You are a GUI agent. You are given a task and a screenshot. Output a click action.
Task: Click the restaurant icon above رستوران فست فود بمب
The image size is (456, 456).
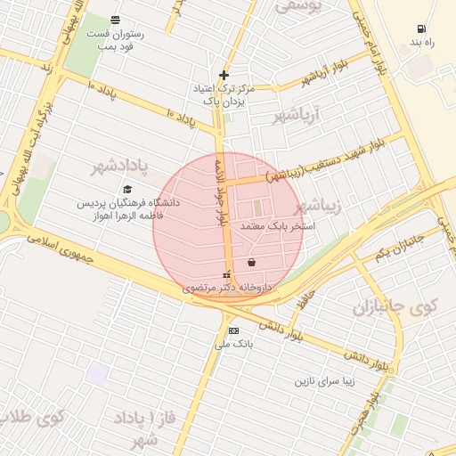click(x=115, y=20)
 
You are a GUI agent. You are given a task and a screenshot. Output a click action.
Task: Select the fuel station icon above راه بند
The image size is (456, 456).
click(x=420, y=28)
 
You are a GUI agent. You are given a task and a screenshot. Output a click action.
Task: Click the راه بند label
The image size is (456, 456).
click(x=420, y=42)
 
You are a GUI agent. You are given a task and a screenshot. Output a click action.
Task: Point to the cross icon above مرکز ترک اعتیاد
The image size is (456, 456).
click(x=224, y=75)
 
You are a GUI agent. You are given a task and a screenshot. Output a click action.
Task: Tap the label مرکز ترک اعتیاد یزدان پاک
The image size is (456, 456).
click(x=224, y=95)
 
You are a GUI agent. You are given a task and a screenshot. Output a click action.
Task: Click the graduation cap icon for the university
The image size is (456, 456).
click(x=127, y=189)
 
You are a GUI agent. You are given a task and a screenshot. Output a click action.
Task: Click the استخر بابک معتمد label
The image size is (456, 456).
click(x=278, y=227)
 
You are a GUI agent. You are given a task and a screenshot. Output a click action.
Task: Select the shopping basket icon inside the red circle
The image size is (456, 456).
click(x=252, y=263)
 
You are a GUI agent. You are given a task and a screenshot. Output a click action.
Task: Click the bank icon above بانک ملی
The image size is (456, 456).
click(x=233, y=330)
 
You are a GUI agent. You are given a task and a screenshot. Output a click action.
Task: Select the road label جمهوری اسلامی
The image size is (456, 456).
click(x=67, y=247)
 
